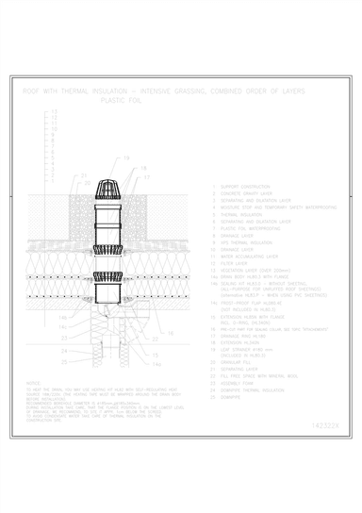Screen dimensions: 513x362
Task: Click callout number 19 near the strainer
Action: click(126, 158)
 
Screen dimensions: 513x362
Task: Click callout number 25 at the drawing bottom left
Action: click(63, 361)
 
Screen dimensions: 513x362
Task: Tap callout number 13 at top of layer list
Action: click(53, 112)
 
